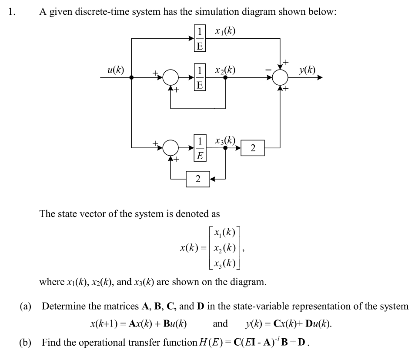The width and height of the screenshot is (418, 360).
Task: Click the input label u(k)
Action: [116, 69]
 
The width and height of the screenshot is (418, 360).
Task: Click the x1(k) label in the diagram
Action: [225, 31]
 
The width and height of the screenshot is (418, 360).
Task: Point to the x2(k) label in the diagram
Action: [225, 70]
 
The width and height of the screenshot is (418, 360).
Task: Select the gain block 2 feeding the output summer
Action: [253, 148]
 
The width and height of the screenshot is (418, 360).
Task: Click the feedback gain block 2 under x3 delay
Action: [198, 179]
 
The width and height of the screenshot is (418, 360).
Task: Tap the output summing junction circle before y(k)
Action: [280, 78]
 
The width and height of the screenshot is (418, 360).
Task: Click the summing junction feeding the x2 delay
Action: [171, 78]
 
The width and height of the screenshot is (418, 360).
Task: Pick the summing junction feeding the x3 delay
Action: [171, 148]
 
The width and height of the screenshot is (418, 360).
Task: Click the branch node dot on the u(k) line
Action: [132, 78]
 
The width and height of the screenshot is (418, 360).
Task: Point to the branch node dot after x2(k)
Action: [225, 78]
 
